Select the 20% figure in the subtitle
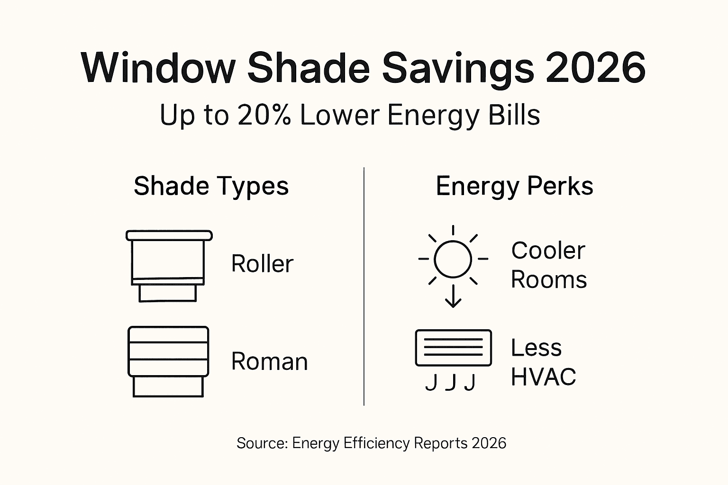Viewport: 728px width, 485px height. click(x=264, y=115)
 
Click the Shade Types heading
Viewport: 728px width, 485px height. click(x=211, y=186)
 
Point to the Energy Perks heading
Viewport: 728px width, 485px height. click(x=514, y=186)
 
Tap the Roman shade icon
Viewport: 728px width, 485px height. click(x=168, y=361)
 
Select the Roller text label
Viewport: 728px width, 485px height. click(x=262, y=264)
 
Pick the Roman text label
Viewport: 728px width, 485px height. click(x=269, y=362)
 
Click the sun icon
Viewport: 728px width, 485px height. click(x=453, y=259)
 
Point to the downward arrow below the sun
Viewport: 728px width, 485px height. click(x=453, y=296)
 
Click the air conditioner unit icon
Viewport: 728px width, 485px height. click(x=453, y=348)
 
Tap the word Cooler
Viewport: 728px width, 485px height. click(x=548, y=251)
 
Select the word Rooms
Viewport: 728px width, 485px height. click(x=548, y=279)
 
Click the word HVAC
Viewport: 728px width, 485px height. click(x=543, y=377)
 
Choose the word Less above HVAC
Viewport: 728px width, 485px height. click(x=536, y=348)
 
